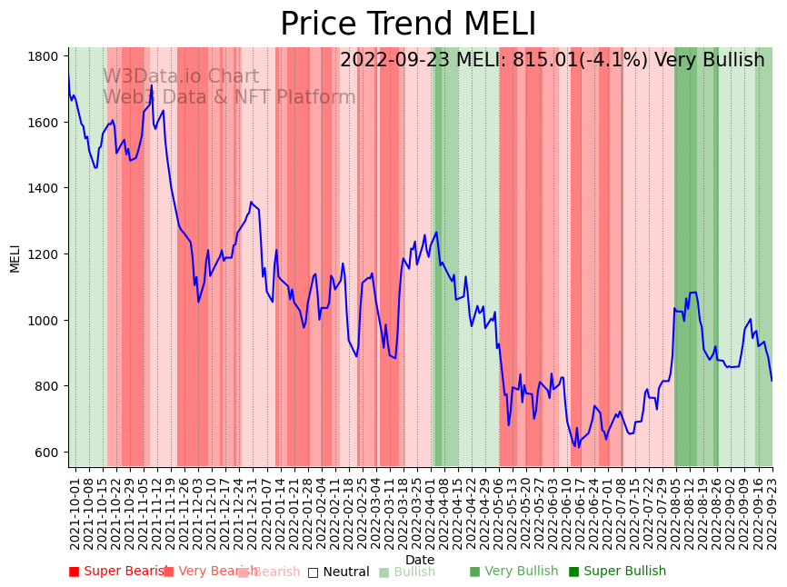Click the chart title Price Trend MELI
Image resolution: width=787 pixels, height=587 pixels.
click(x=408, y=25)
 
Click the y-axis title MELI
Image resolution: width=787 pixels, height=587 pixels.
click(x=15, y=258)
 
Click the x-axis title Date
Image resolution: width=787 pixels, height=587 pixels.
click(x=420, y=560)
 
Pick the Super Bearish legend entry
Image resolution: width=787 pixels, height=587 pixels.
click(x=119, y=572)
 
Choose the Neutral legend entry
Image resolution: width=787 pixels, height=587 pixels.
click(x=338, y=572)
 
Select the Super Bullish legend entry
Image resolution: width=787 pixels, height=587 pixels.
click(x=617, y=572)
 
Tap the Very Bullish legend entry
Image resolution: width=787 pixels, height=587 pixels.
click(x=513, y=572)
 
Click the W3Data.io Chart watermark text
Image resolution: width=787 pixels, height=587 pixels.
click(x=181, y=77)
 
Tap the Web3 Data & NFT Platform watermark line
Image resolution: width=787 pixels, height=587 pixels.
click(x=229, y=97)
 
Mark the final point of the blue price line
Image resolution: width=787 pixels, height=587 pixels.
click(x=772, y=381)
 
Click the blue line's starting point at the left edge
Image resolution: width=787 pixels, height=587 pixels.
click(x=69, y=77)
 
